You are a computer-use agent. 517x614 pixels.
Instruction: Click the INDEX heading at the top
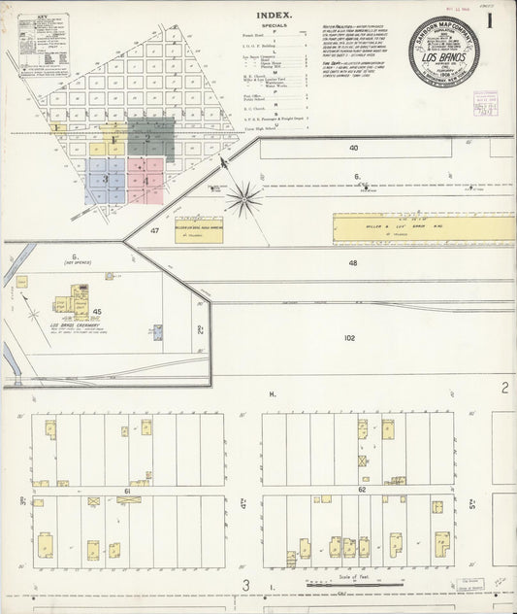coord(276,16)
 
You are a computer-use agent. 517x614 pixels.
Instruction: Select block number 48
coord(352,263)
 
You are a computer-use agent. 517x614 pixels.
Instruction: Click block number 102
coord(349,338)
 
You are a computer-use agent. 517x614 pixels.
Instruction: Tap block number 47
coord(154,231)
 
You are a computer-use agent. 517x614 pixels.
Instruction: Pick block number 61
coord(126,493)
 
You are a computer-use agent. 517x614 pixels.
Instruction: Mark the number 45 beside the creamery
coord(97,312)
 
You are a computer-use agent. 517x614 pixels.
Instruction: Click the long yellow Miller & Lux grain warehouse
coord(421,228)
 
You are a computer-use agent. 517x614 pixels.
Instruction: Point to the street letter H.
coord(273,393)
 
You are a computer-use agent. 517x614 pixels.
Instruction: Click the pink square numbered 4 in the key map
coord(145,180)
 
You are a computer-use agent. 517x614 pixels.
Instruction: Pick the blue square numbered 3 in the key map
coord(105,180)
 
